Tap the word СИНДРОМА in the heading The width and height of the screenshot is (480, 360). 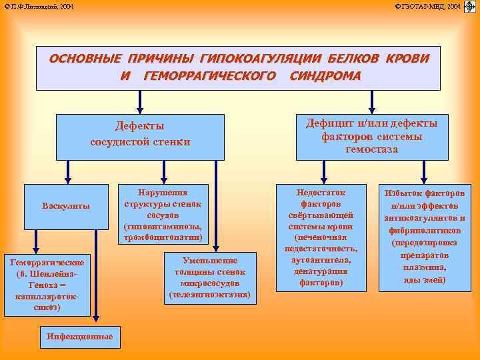[x=325, y=75]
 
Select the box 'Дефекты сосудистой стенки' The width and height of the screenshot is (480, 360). [x=140, y=133]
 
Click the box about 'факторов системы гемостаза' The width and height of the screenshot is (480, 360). [x=371, y=137]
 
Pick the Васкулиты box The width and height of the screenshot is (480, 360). [x=66, y=206]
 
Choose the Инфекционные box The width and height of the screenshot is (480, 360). [x=80, y=337]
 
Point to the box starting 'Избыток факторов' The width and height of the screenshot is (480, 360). [x=424, y=237]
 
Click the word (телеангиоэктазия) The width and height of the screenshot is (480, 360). [x=210, y=294]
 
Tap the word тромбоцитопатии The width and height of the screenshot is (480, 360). [x=162, y=238]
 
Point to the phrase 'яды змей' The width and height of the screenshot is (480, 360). [x=425, y=280]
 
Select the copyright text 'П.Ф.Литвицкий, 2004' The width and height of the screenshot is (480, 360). [x=39, y=6]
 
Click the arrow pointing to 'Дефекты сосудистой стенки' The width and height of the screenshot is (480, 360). [x=140, y=101]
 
